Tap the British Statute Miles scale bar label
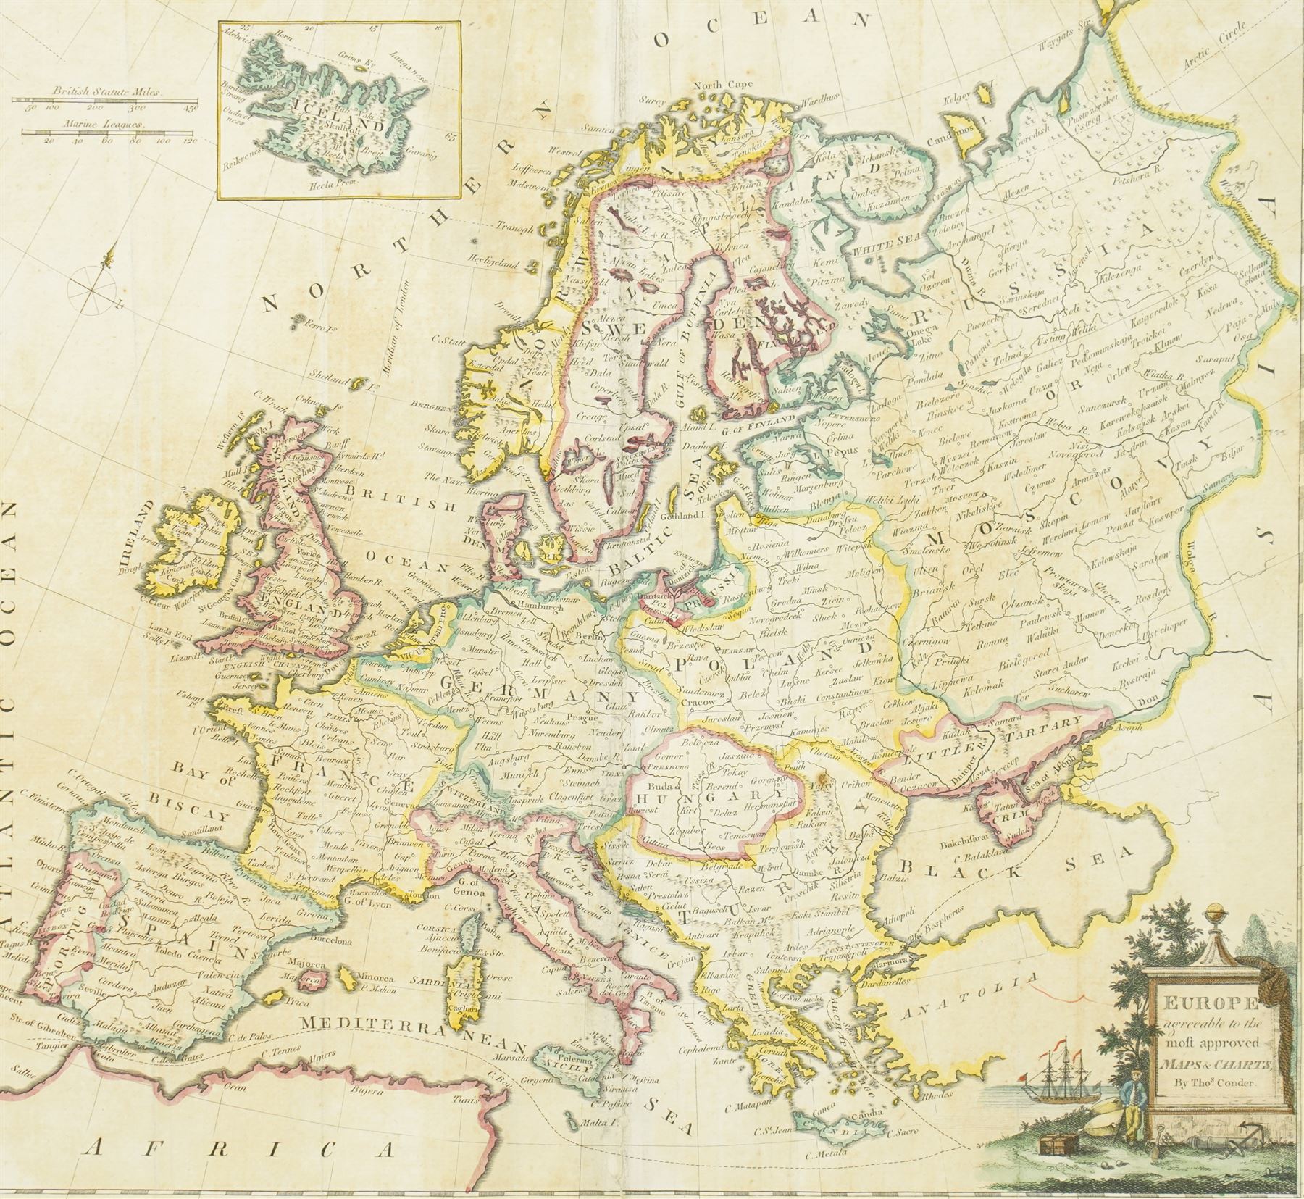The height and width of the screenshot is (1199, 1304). tap(109, 93)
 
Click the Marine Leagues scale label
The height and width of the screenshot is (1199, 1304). tap(109, 125)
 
